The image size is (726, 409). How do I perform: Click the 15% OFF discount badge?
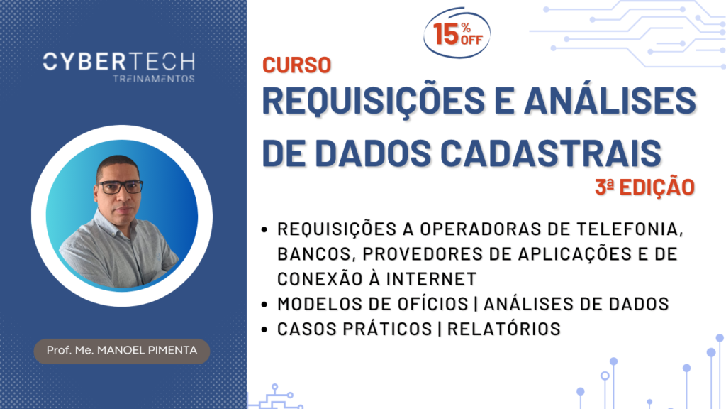tap(457, 33)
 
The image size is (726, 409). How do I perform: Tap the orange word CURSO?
tap(297, 65)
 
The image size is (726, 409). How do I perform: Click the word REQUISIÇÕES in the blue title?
tap(374, 101)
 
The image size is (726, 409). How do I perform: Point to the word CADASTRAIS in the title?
tap(550, 153)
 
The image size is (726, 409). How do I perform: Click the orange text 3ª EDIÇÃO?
tap(645, 187)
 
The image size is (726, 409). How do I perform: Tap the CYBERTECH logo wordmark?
tap(119, 62)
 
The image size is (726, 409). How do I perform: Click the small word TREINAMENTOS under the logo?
tap(154, 78)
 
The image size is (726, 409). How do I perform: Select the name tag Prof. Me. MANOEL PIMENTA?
tap(122, 351)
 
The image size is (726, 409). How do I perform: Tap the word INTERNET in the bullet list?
tap(431, 279)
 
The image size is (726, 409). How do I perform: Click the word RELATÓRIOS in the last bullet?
tap(504, 329)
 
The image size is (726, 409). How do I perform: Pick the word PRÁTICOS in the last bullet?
tap(386, 329)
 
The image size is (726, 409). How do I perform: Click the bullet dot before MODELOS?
tap(264, 305)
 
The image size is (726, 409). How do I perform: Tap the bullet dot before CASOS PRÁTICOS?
tap(264, 329)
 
